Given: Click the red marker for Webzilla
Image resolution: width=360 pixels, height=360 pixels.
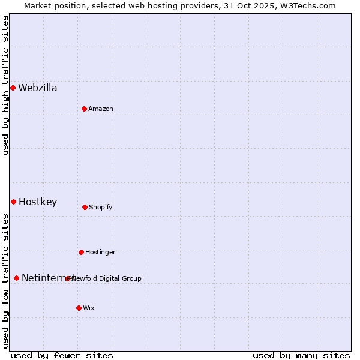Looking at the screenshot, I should [13, 88].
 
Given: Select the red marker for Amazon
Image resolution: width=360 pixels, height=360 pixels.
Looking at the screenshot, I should [84, 109].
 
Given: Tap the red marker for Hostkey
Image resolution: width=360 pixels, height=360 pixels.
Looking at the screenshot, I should [13, 202].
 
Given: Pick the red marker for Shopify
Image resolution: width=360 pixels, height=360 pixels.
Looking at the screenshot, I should [85, 207].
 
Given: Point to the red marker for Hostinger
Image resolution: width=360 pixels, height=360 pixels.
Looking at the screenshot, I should [81, 252].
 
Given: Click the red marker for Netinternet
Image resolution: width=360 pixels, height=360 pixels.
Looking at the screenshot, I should [16, 278].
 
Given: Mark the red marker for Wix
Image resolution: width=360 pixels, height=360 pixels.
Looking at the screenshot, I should [79, 308].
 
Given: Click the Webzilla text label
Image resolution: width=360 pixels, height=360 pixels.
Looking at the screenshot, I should [38, 88].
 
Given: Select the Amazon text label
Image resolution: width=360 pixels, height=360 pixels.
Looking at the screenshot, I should [101, 109].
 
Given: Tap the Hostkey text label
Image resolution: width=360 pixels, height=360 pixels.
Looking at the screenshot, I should [38, 202].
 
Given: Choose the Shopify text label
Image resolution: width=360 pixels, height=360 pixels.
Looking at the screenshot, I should [101, 208].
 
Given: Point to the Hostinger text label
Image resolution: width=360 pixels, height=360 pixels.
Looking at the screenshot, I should [100, 253].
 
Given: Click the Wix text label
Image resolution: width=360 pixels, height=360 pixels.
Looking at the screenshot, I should [89, 308].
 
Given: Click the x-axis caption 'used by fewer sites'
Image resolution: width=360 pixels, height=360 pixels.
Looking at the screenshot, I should [62, 355].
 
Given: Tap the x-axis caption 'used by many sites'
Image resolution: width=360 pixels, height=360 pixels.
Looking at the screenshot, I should [301, 355].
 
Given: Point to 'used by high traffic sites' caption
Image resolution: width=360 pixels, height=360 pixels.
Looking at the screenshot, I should [6, 85].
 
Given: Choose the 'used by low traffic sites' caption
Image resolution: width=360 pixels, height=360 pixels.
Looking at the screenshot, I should [6, 280].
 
